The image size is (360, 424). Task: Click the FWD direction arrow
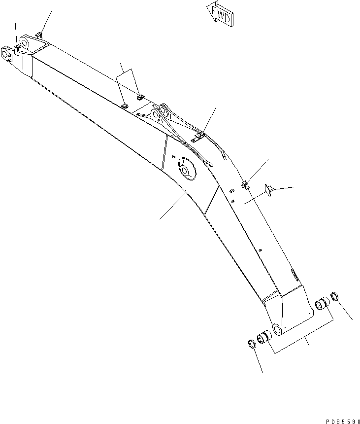click(x=219, y=14)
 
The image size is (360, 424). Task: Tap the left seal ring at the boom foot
click(x=251, y=344)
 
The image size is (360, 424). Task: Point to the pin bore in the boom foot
click(x=277, y=329)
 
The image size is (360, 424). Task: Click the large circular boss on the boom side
click(x=187, y=170)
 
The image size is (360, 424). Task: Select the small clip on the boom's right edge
click(x=245, y=184)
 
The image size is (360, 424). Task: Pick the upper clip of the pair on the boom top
click(x=140, y=97)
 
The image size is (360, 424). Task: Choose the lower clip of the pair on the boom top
click(x=125, y=105)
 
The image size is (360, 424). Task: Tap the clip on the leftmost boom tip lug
click(x=16, y=49)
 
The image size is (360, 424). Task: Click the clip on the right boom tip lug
click(x=40, y=35)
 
